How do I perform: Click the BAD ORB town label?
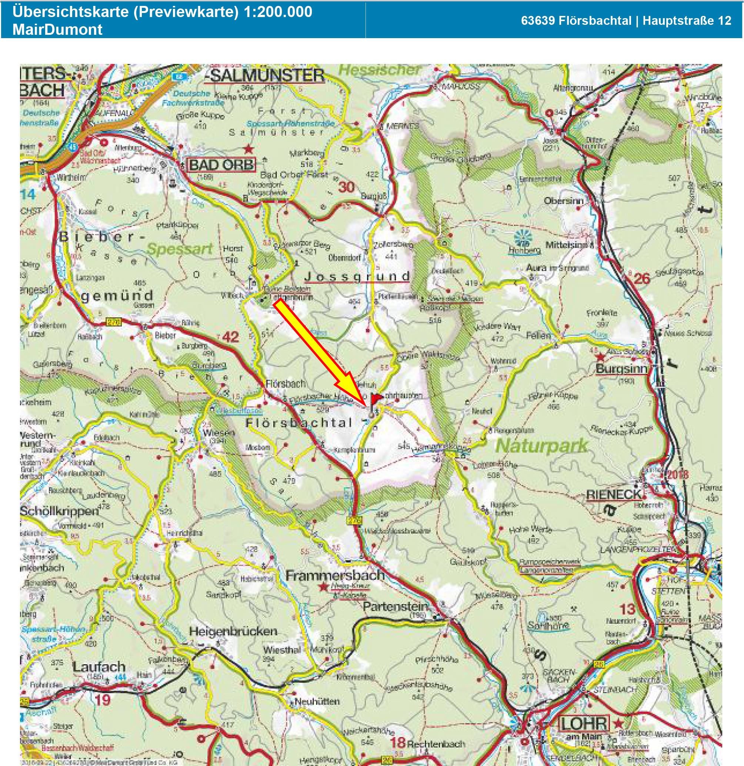point(221,165)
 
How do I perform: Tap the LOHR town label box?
point(584,724)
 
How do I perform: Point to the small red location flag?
point(377,398)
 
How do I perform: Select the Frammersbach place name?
point(335,575)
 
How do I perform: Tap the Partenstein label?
point(395,606)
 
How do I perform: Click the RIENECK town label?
point(614,495)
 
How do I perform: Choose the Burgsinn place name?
point(621,368)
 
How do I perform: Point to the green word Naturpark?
point(541,446)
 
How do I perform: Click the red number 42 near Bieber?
point(230,337)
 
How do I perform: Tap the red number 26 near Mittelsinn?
point(641,279)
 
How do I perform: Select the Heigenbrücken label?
point(233,631)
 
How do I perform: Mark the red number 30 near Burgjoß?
point(346,187)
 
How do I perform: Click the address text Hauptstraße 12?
point(687,21)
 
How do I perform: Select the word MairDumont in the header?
point(57,30)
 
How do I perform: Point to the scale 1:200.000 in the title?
point(278,12)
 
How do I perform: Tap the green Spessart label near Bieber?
point(180,248)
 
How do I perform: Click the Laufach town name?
point(99,667)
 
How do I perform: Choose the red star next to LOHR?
point(618,723)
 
